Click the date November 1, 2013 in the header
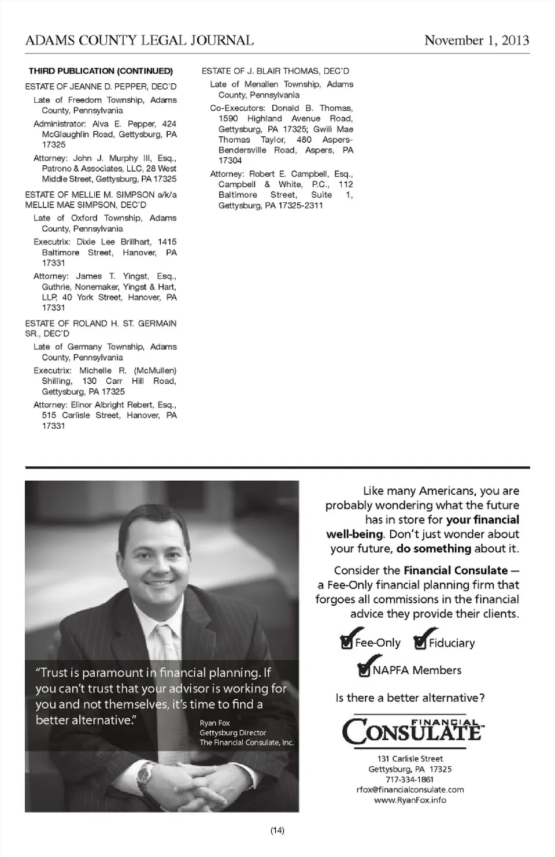coord(476,40)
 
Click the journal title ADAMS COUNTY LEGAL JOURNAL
coord(139,40)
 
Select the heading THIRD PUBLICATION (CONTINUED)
coord(101,71)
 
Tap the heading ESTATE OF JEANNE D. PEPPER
coord(101,87)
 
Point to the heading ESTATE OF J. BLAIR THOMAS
coord(275,71)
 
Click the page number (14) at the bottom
coord(277,830)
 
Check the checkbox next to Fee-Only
coord(347,643)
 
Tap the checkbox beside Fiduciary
coord(420,643)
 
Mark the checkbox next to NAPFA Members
coord(364,670)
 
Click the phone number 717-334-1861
coord(409,779)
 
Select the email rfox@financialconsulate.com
coord(410,789)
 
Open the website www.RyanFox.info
coord(410,800)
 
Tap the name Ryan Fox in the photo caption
coord(214,723)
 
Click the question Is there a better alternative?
coord(410,698)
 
